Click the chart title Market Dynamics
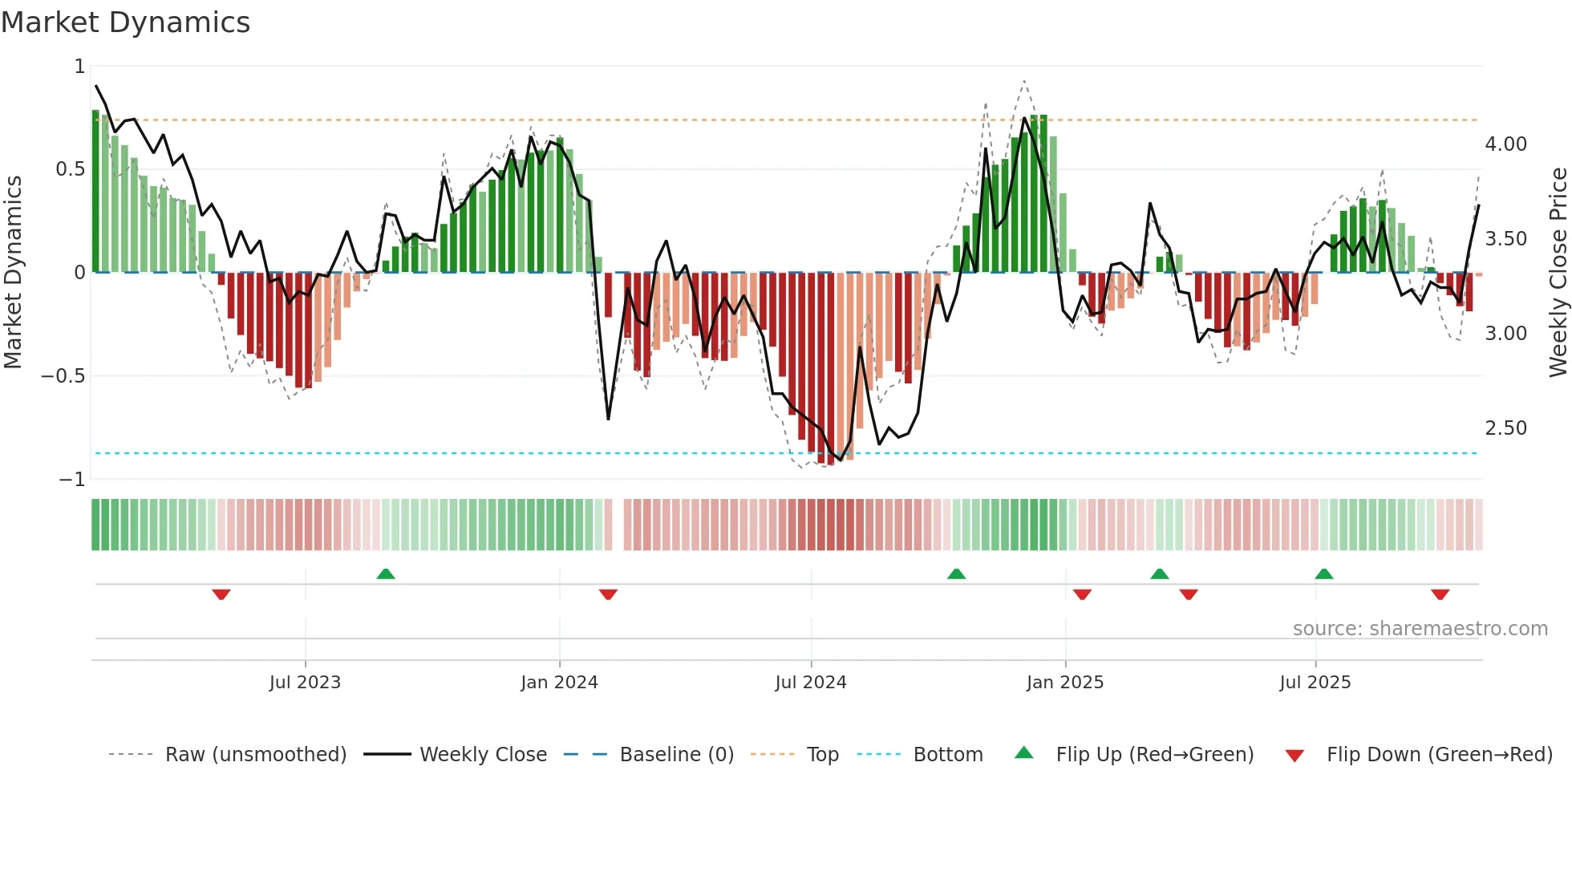126,22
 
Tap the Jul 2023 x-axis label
305,683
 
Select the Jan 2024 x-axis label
559,683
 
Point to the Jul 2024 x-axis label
811,683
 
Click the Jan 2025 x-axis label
1065,683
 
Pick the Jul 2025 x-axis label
1315,683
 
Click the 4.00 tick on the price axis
1505,144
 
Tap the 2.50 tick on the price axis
1505,428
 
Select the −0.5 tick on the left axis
63,376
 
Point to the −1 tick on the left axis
71,480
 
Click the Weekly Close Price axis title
1558,273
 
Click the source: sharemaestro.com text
1420,629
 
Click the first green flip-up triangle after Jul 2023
386,574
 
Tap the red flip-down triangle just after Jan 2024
608,594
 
